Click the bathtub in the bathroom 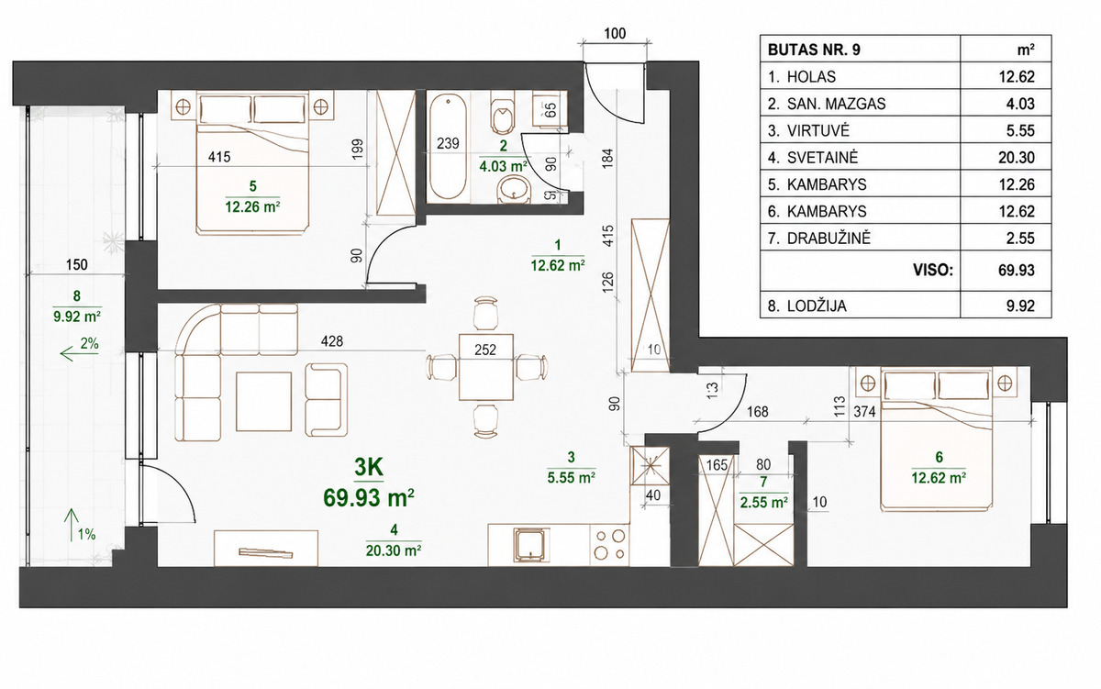click(448, 147)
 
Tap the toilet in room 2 click(502, 115)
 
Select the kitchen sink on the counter click(530, 545)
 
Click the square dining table click(486, 367)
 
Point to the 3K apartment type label click(369, 467)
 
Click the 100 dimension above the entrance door click(615, 33)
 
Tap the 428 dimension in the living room click(332, 340)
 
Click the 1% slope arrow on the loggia click(72, 525)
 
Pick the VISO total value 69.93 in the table click(1017, 271)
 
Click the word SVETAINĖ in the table click(822, 158)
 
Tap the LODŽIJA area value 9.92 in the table click(1020, 306)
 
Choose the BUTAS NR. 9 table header click(814, 50)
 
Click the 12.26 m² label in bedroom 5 click(252, 206)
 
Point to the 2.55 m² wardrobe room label click(763, 502)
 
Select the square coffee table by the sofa click(264, 402)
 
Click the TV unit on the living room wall click(266, 548)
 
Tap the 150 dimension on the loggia click(77, 265)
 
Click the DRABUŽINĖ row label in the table click(829, 239)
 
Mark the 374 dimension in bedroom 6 click(864, 411)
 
